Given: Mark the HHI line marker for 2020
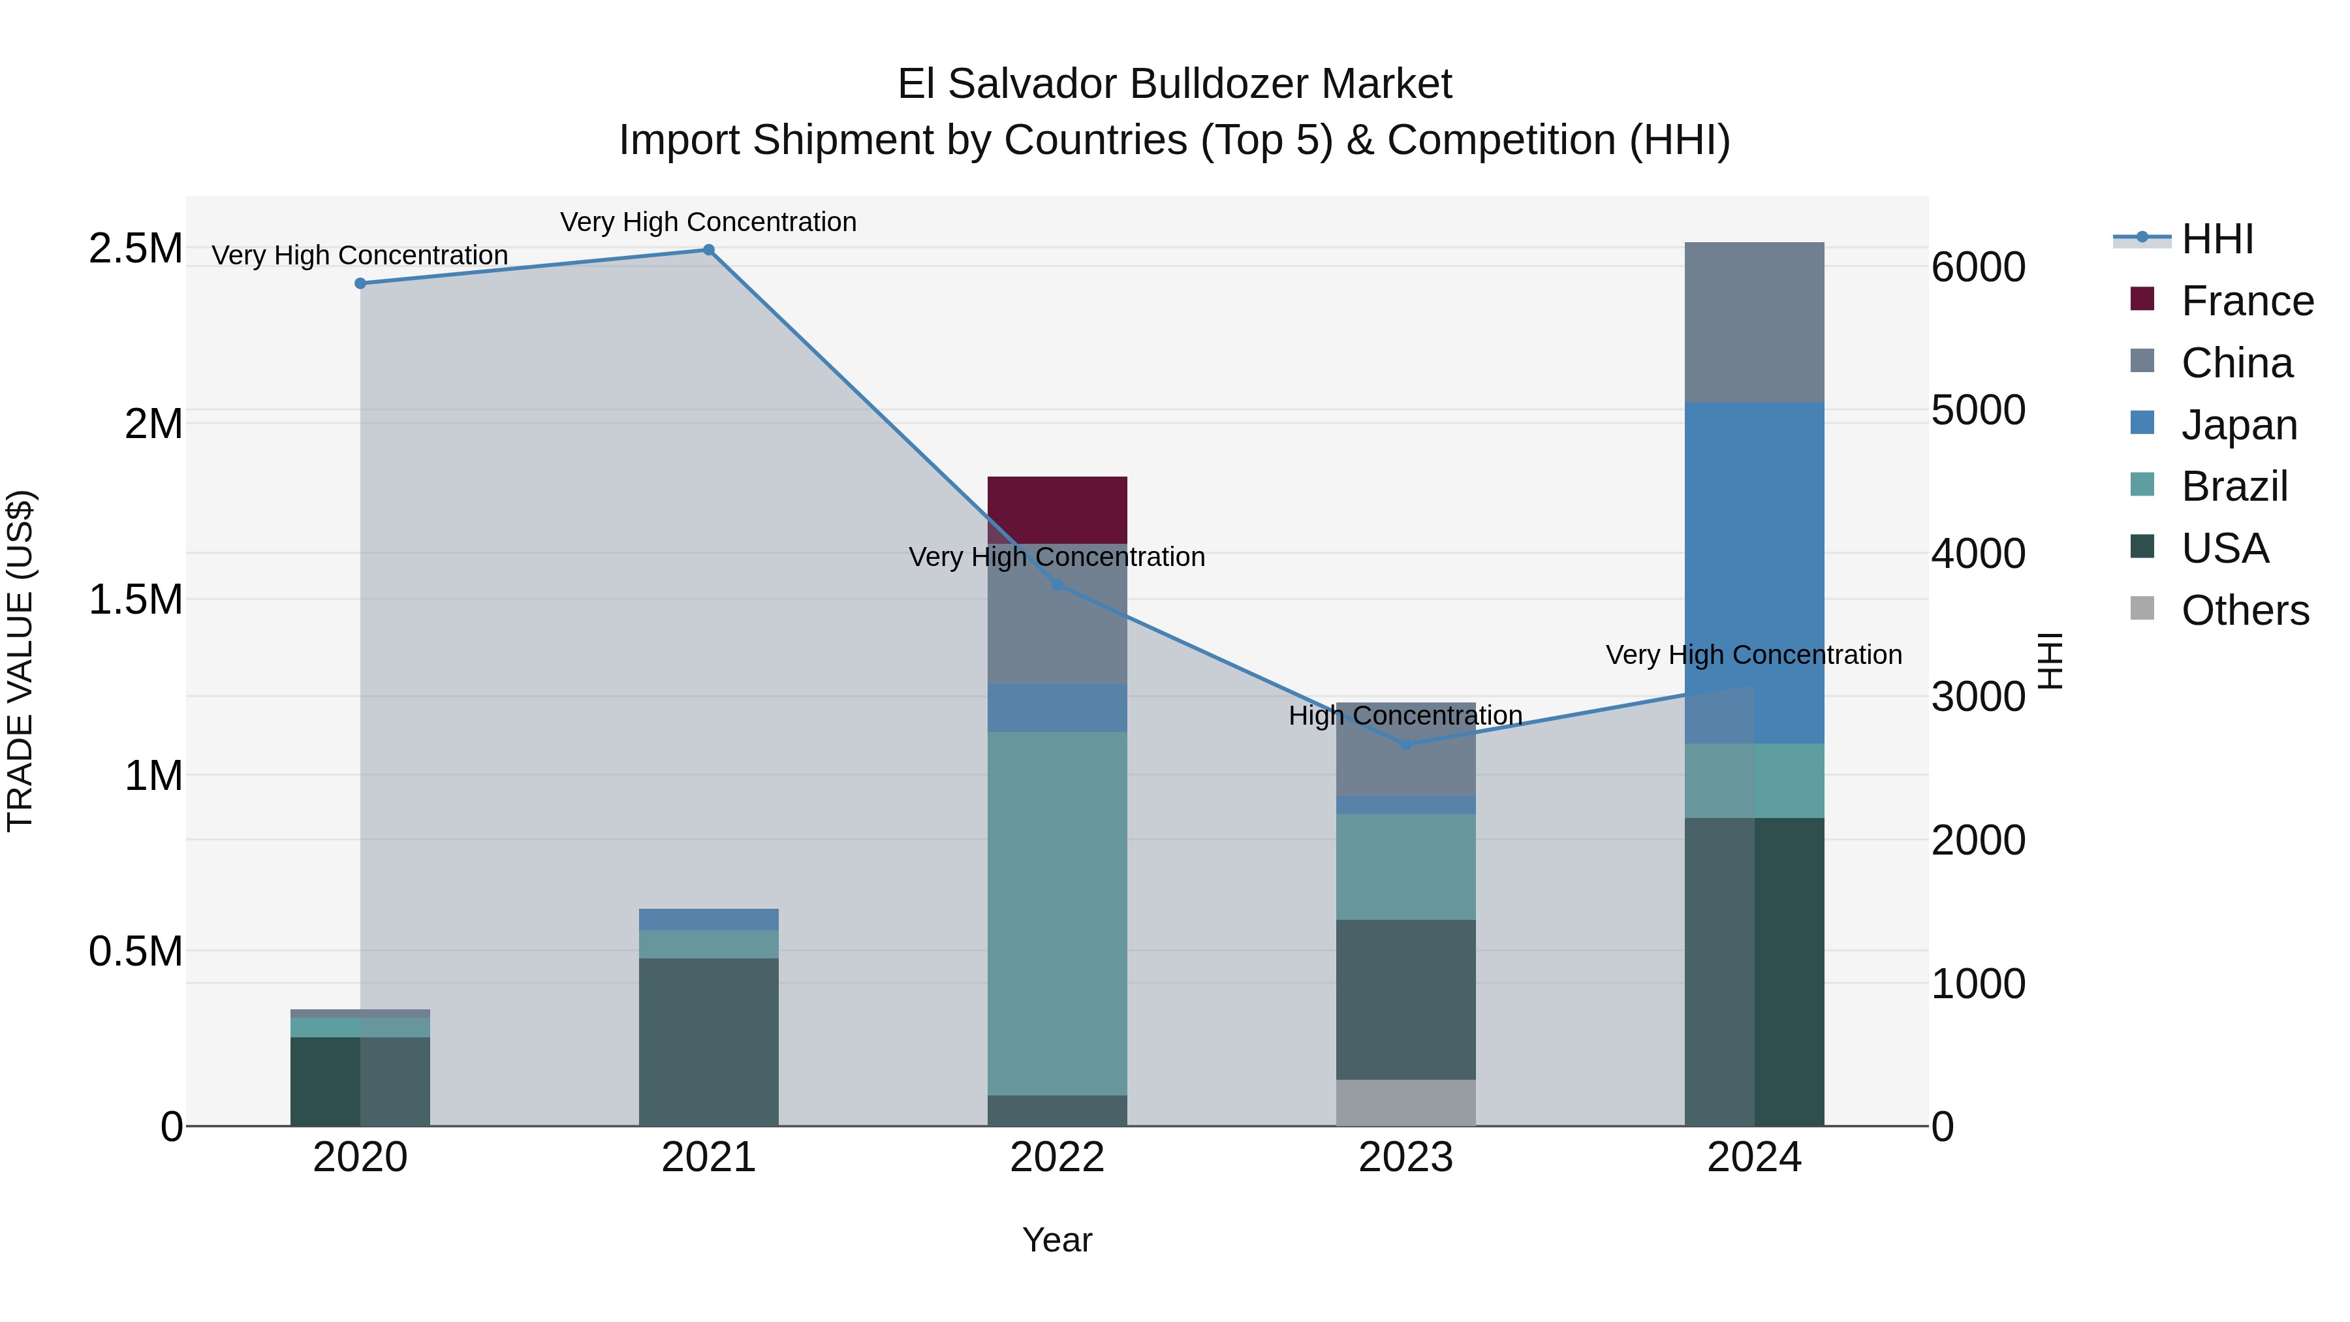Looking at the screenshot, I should (x=360, y=284).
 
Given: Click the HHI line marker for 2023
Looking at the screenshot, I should (x=1405, y=744).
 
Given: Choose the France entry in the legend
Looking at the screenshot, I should (x=2247, y=301).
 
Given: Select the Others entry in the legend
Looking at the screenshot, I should (x=2244, y=610).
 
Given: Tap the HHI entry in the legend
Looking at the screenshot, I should (x=2217, y=239).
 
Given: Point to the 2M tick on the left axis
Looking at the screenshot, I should (x=153, y=424).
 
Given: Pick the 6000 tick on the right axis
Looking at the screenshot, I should (x=1978, y=267).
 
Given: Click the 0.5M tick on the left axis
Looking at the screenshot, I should (x=136, y=952).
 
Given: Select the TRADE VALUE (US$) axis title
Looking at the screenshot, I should (x=20, y=661).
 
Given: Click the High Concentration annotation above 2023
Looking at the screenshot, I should (x=1405, y=716).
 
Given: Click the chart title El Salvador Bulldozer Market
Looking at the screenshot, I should (x=1174, y=84).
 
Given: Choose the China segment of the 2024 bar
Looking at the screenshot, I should (x=1753, y=322).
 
